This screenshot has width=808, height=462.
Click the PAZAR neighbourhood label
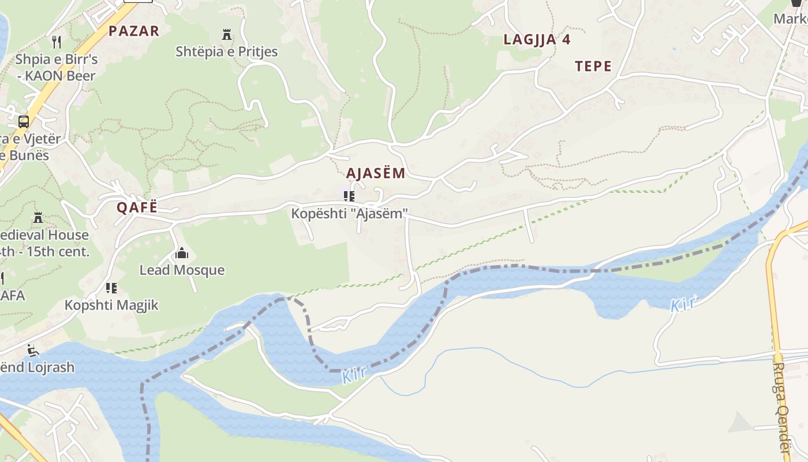(x=134, y=31)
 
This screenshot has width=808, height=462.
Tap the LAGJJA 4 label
(x=537, y=40)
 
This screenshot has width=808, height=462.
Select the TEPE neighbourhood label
(x=593, y=66)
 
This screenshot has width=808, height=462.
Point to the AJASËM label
(x=376, y=173)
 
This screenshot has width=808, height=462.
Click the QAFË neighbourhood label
(x=137, y=208)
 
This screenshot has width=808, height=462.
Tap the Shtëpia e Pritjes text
(x=227, y=52)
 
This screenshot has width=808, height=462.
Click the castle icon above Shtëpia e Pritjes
(x=227, y=35)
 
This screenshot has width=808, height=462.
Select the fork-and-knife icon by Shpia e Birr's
(x=57, y=42)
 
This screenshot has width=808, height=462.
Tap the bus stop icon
(x=24, y=122)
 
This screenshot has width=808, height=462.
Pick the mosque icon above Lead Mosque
(x=182, y=253)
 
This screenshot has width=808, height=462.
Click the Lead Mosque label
(x=182, y=270)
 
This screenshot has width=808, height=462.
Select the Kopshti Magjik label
(x=111, y=305)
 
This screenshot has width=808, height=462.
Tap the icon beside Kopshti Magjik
(x=111, y=288)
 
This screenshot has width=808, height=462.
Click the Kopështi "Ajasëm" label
(x=349, y=214)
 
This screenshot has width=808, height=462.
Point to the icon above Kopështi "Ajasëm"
(x=349, y=196)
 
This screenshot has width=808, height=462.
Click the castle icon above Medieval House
(x=38, y=218)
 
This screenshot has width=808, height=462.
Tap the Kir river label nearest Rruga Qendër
(x=684, y=304)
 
